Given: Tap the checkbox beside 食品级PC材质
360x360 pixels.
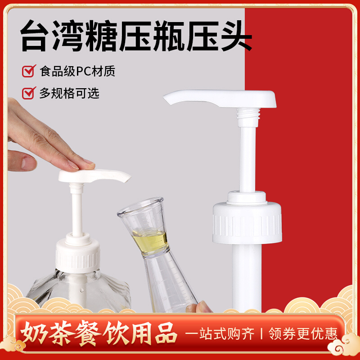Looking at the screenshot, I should [x=29, y=71].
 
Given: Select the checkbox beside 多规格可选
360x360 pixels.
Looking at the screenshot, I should [x=29, y=93].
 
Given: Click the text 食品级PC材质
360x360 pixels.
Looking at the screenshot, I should [x=77, y=71].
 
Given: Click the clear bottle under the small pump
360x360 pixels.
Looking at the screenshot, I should [x=76, y=292].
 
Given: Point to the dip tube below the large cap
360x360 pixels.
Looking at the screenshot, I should [x=246, y=279].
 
